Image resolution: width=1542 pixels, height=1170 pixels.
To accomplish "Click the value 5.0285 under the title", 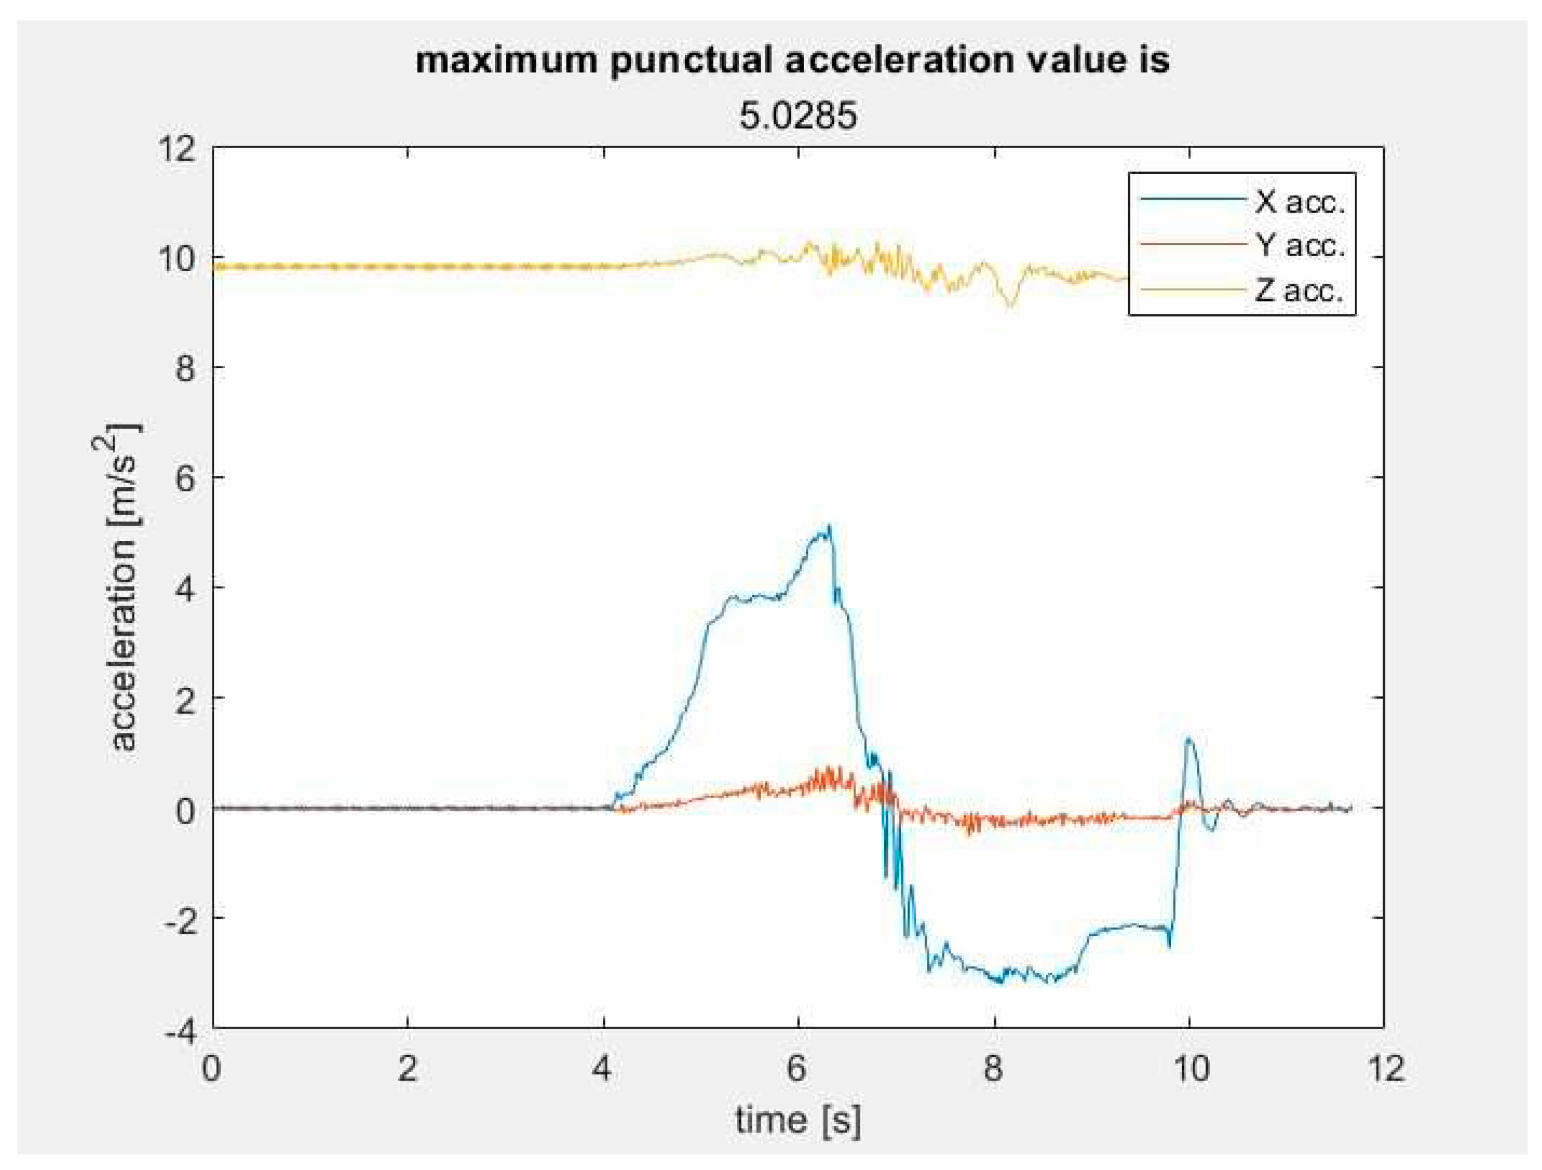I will tap(797, 116).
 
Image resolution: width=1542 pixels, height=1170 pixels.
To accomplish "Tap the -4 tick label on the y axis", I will tap(180, 1031).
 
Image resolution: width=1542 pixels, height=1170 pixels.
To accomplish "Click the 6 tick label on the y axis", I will tap(185, 479).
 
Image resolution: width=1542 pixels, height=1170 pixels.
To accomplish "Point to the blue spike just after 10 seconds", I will tap(1189, 740).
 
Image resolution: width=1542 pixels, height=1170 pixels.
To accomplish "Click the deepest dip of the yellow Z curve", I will tap(1011, 305).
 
